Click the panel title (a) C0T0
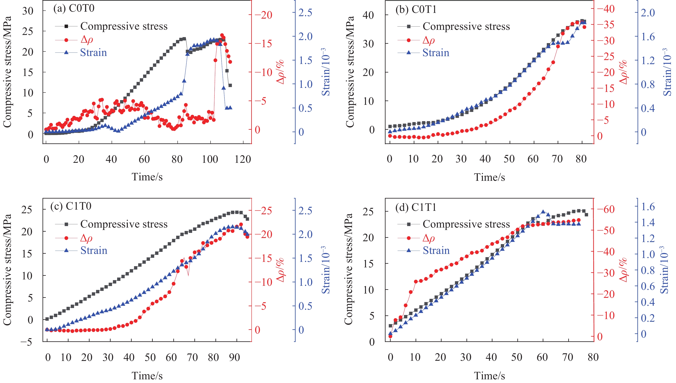[74, 8]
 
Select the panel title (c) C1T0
[71, 206]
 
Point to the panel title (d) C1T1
[416, 208]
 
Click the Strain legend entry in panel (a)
[93, 53]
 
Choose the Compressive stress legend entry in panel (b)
[466, 26]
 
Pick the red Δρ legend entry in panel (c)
[86, 238]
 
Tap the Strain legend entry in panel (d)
[436, 250]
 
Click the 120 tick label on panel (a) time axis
[242, 159]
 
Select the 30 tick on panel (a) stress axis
[27, 11]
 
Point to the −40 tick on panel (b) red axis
[605, 9]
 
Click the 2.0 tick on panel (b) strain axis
[648, 13]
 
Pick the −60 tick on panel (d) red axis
[605, 210]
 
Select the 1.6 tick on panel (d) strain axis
[648, 207]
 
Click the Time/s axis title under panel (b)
[489, 177]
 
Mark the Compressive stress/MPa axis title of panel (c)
[7, 270]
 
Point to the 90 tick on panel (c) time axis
[234, 357]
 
